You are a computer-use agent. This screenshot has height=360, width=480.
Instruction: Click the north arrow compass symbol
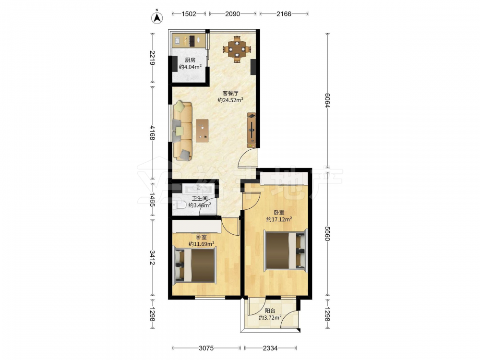157,17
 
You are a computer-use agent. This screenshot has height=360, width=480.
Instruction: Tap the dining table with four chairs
237,49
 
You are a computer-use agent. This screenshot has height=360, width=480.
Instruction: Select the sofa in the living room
182,131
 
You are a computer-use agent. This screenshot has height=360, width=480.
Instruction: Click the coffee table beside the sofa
203,131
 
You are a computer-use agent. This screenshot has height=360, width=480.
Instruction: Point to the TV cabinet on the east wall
252,131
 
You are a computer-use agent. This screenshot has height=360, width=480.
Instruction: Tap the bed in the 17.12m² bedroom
286,251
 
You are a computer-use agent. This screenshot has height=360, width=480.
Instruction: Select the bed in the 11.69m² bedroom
194,265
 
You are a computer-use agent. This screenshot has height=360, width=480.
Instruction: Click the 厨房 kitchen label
190,60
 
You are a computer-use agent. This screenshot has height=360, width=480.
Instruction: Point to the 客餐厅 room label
230,93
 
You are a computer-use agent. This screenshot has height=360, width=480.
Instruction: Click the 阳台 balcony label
270,311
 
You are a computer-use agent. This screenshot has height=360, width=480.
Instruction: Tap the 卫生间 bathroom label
200,198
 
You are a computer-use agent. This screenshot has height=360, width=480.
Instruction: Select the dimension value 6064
327,100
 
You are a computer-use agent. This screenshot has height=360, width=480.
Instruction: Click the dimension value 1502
189,14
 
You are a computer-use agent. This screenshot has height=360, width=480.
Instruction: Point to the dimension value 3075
206,348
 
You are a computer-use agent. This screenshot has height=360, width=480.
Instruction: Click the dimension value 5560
327,234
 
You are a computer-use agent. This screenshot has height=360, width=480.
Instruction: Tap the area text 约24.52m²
230,100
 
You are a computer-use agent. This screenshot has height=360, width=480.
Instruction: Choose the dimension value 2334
270,348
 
